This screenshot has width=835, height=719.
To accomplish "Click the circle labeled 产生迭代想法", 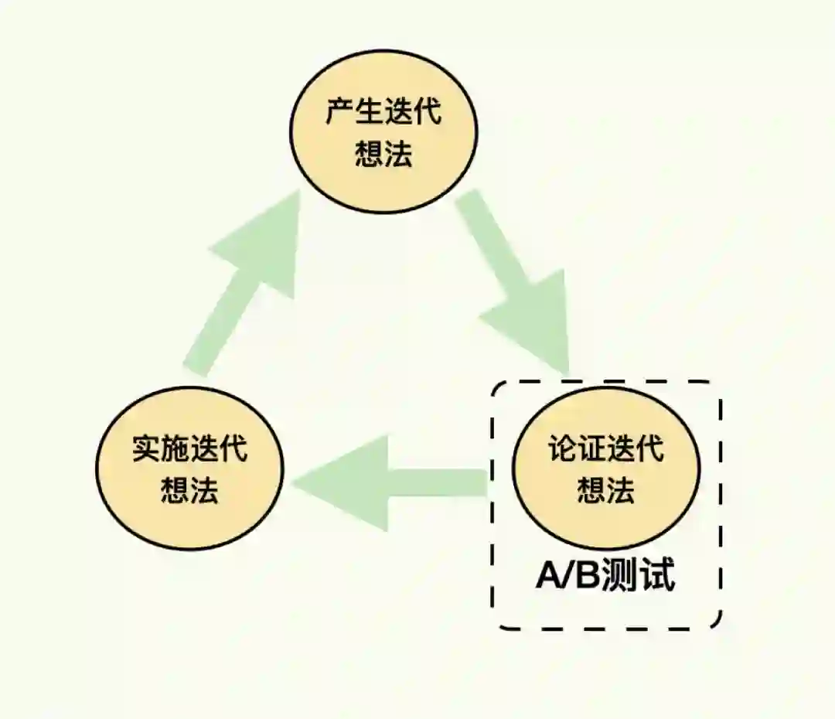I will pyautogui.click(x=383, y=132).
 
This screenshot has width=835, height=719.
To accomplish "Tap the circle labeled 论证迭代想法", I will pyautogui.click(x=606, y=469).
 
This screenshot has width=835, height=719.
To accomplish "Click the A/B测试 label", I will pyautogui.click(x=605, y=577).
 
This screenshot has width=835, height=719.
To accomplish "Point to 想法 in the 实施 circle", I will pyautogui.click(x=189, y=491).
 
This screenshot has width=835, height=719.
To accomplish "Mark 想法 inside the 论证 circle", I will pyautogui.click(x=606, y=490).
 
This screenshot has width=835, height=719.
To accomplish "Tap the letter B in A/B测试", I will pyautogui.click(x=589, y=577).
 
